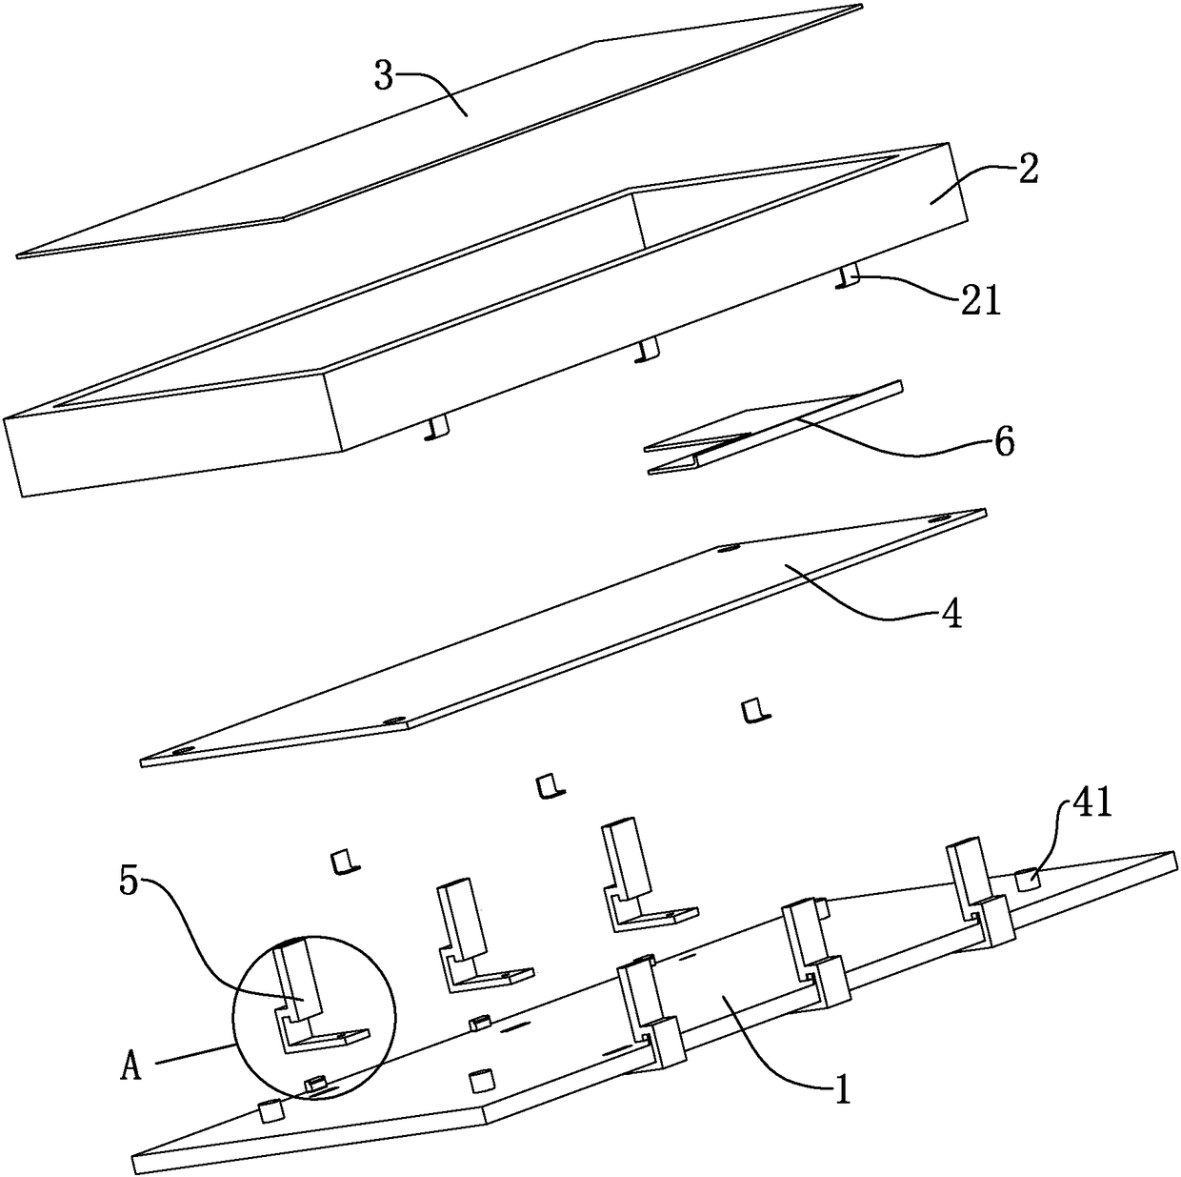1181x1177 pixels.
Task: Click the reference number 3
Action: pos(383,77)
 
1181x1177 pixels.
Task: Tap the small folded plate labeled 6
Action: pos(771,429)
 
